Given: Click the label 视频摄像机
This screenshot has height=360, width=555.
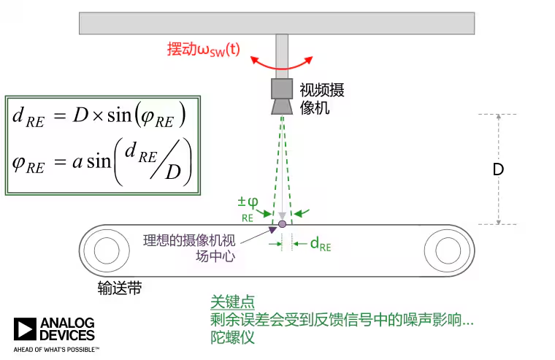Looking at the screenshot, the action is pos(321,98).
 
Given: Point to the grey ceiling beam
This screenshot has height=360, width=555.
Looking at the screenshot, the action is pos(277,23).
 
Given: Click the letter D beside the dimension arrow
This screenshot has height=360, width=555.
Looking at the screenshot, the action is pos(498,169).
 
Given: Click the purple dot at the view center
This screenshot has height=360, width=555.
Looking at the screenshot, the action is pos(282,223).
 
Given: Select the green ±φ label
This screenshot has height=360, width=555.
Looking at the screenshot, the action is pos(248,207).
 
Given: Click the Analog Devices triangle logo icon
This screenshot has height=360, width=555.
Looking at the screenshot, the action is pos(24,329).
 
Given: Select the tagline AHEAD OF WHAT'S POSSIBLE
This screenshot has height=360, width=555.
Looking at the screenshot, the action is pos(56,350).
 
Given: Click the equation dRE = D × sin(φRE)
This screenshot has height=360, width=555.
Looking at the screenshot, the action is pos(99,115).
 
